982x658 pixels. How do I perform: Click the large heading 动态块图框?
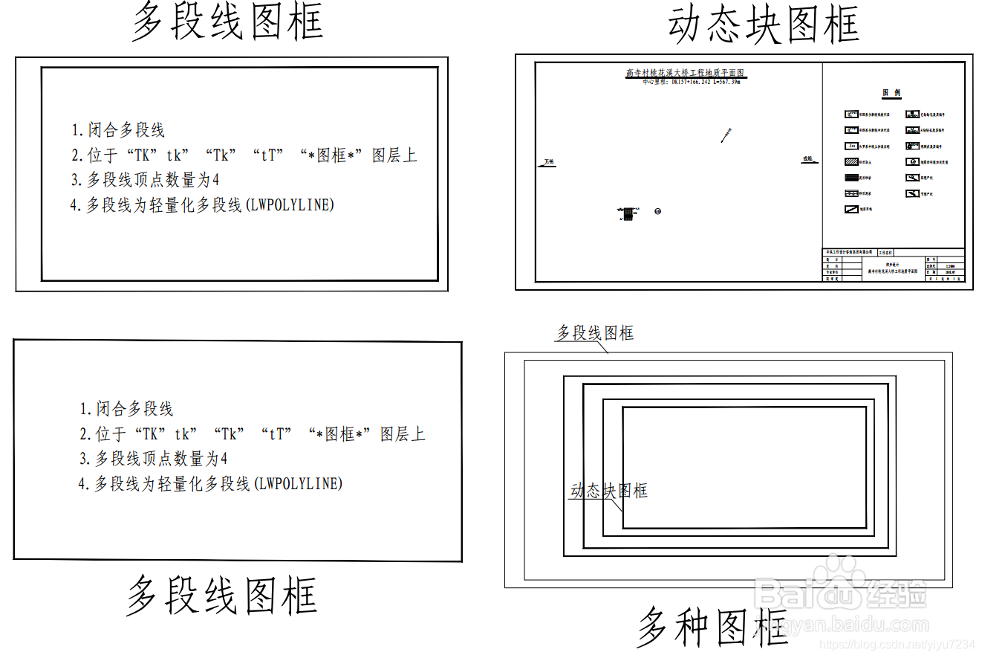point(764,25)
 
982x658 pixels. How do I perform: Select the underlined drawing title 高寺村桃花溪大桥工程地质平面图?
point(685,74)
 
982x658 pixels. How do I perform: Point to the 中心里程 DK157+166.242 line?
point(691,82)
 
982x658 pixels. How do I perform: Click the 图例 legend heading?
point(891,93)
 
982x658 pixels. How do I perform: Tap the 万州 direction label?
point(548,161)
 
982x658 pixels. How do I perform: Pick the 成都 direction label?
point(807,159)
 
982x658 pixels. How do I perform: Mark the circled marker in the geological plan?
point(657,212)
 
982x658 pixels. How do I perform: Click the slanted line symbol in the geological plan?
point(726,135)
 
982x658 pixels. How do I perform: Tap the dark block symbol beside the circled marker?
point(628,213)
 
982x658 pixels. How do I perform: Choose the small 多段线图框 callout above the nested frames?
point(595,333)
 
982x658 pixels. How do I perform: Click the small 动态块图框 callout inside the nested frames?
point(608,491)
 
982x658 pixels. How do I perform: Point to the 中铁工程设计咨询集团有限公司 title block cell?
point(850,252)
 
